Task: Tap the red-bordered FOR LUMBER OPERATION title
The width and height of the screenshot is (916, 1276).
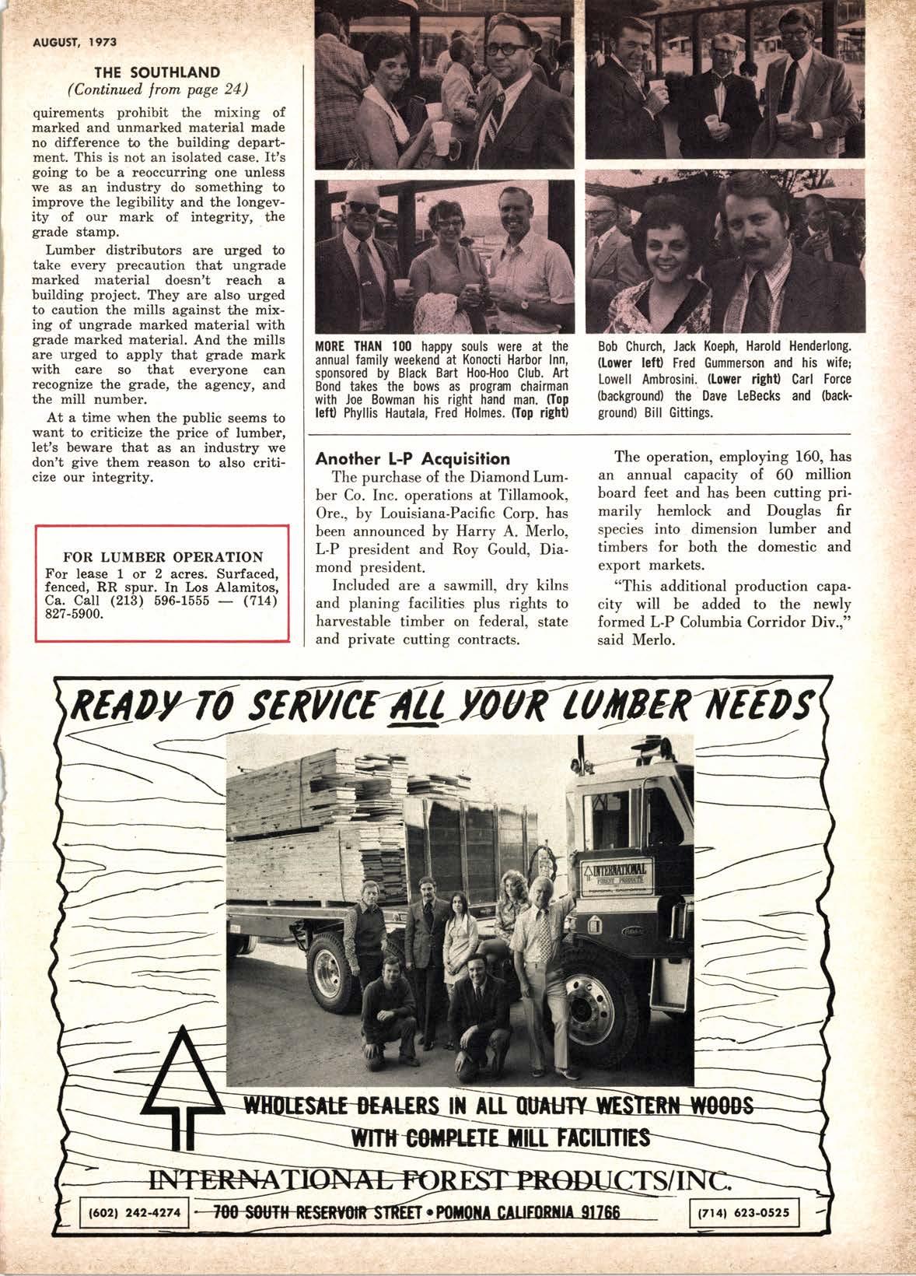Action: (x=163, y=557)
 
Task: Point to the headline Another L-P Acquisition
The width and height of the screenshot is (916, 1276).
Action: (x=412, y=458)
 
